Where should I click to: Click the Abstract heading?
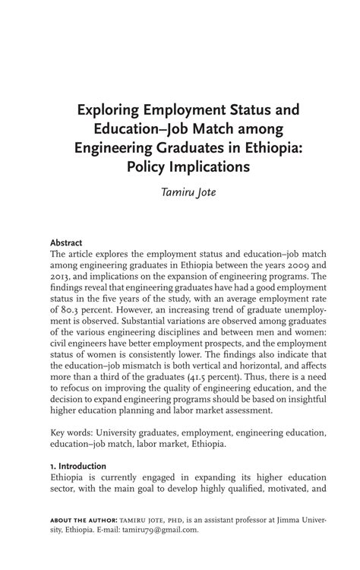pyautogui.click(x=67, y=242)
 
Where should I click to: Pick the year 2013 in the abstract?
pyautogui.click(x=62, y=277)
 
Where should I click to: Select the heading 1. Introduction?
pyautogui.click(x=78, y=466)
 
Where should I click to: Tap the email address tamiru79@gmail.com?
pyautogui.click(x=160, y=530)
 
